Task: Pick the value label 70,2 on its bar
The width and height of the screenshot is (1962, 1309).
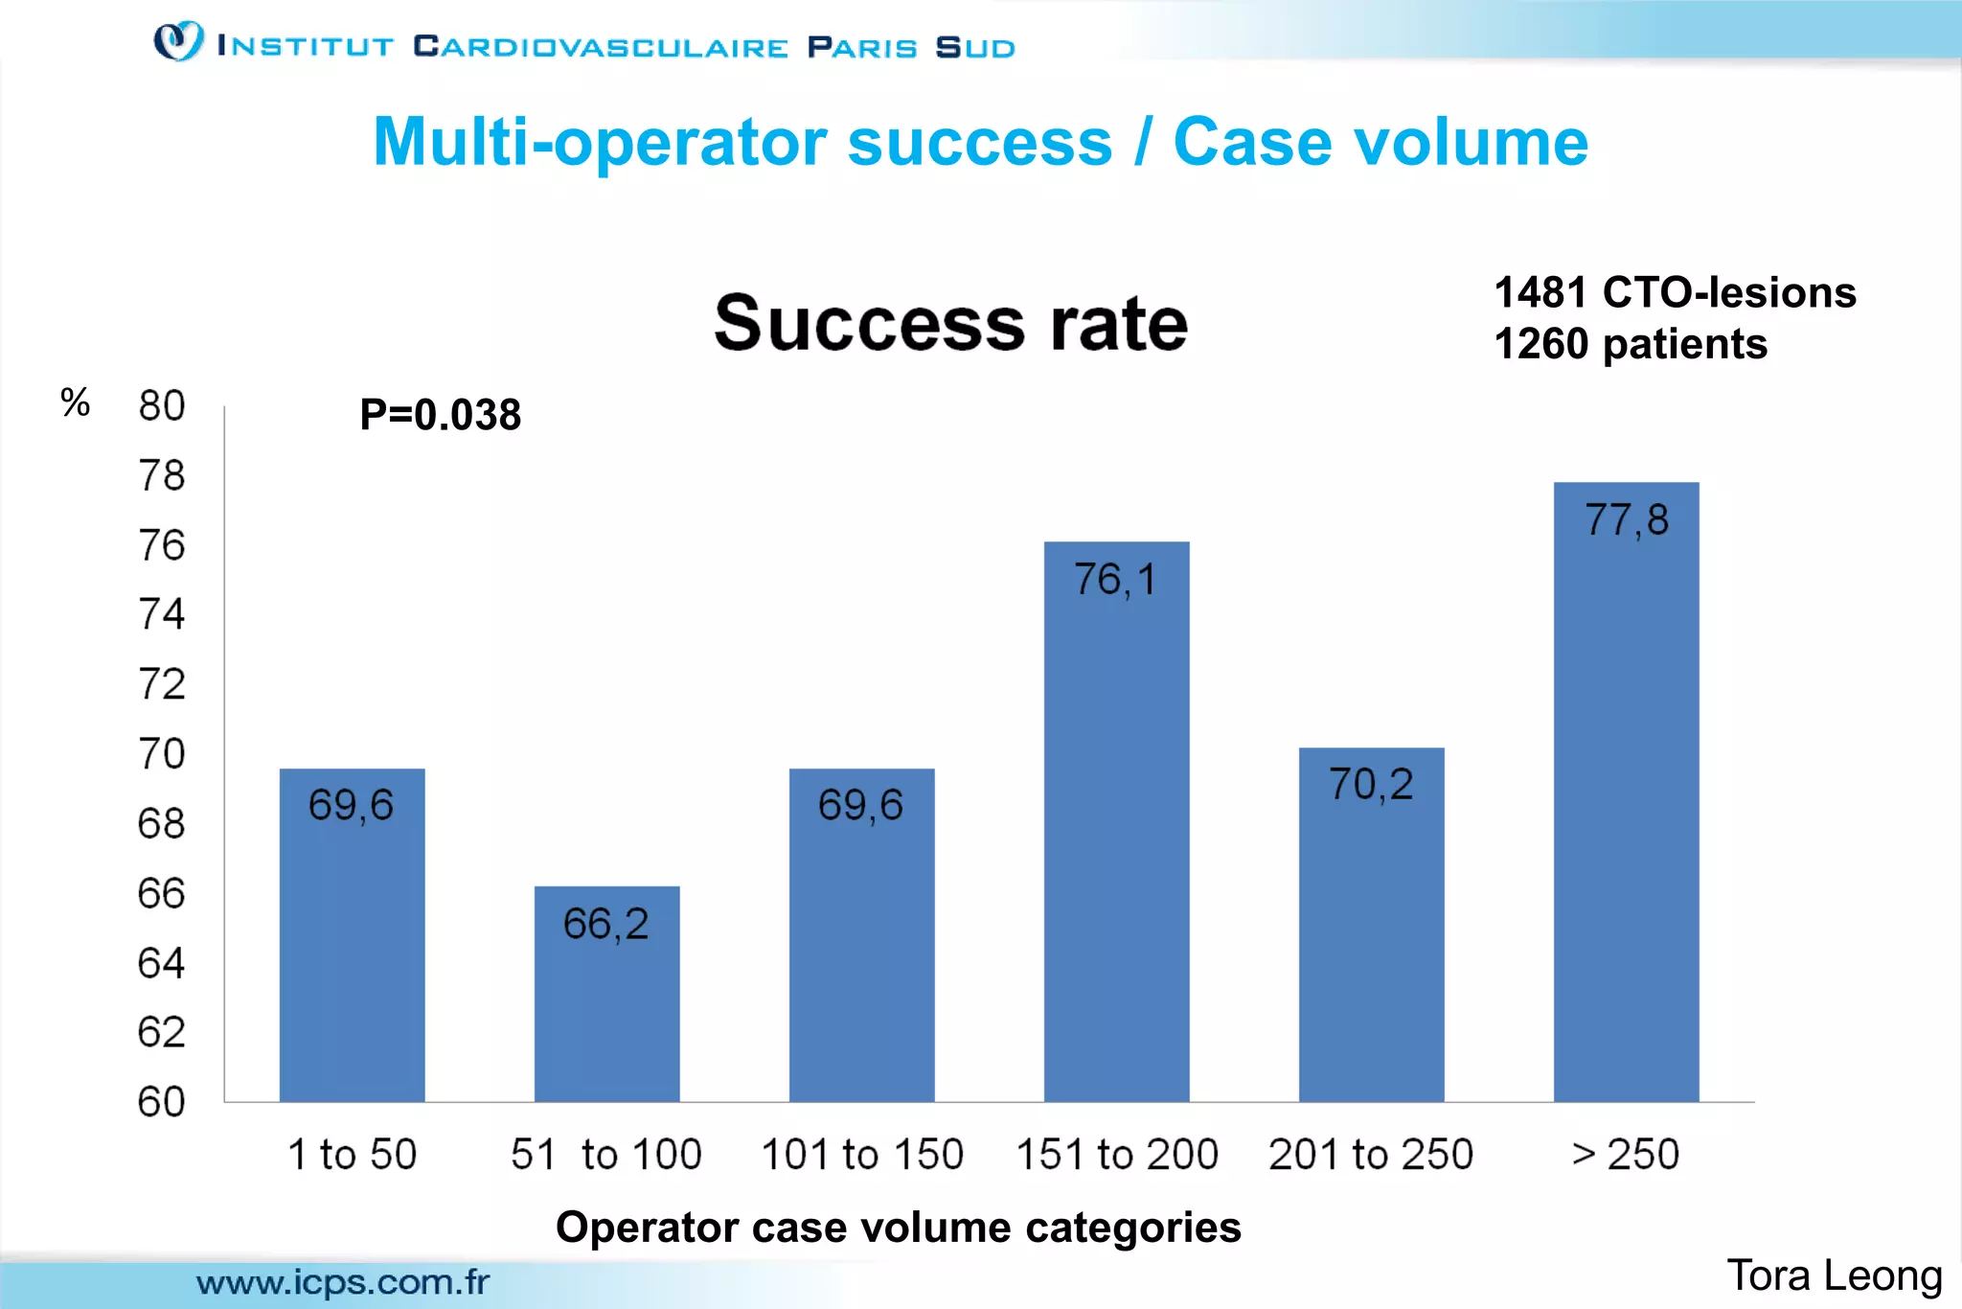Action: pos(1371,785)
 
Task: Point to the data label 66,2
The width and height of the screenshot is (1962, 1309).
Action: pos(606,925)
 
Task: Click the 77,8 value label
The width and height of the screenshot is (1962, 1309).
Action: pos(1627,520)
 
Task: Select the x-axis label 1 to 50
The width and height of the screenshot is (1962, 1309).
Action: pos(353,1154)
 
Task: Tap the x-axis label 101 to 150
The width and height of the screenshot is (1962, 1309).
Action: pos(861,1154)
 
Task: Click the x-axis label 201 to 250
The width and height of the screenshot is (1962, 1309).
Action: pos(1371,1154)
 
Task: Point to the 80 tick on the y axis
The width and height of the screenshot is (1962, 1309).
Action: pos(162,406)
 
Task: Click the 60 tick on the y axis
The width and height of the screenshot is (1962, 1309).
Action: pos(162,1102)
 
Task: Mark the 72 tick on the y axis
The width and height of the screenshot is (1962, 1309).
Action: pos(162,684)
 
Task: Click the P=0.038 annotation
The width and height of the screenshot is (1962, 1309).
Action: pos(440,415)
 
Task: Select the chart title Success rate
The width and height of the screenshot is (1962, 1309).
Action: pos(950,323)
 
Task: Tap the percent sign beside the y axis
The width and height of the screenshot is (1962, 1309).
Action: pos(75,402)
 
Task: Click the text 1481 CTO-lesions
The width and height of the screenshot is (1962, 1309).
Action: pos(1675,292)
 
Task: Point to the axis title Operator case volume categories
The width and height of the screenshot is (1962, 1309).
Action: pos(898,1228)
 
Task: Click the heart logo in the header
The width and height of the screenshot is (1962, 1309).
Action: pos(179,41)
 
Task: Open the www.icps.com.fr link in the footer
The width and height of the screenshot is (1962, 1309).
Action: pos(343,1282)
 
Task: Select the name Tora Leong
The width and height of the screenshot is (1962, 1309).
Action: pos(1834,1275)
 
